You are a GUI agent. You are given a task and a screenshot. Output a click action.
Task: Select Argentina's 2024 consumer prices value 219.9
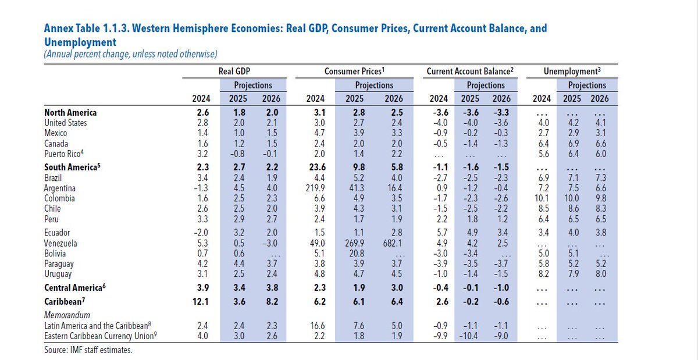coord(315,188)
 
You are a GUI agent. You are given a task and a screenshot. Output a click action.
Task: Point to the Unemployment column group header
coord(572,70)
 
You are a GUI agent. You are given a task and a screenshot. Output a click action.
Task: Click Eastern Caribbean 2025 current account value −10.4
coord(472,336)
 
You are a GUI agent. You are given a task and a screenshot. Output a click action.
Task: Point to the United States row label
coord(66,123)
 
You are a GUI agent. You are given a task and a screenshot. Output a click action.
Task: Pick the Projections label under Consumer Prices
coord(374,85)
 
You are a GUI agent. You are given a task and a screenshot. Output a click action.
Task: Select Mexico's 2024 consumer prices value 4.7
coord(317,134)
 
